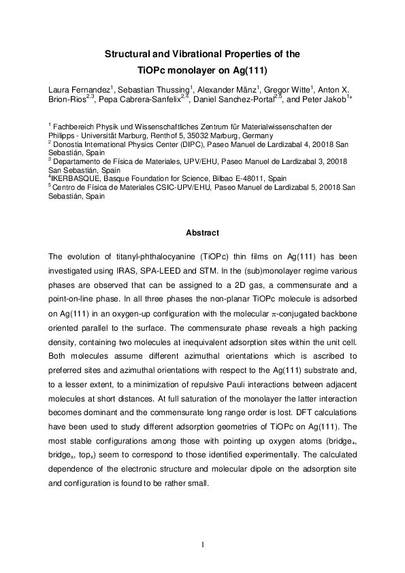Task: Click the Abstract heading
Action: pos(202,233)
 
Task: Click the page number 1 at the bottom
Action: pos(202,544)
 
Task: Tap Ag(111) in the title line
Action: pos(246,70)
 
